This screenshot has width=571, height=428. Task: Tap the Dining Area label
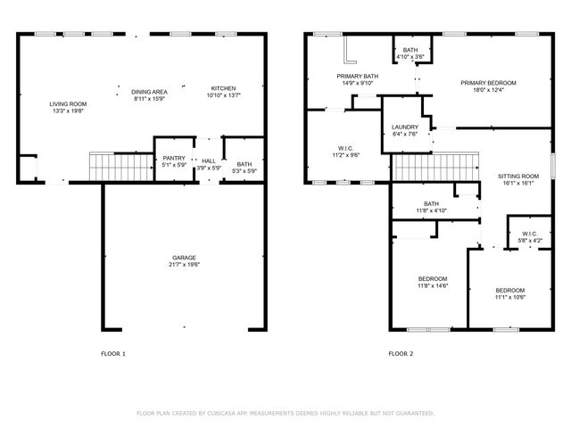click(x=150, y=92)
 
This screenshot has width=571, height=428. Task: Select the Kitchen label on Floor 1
click(x=223, y=88)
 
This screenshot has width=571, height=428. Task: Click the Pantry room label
click(x=173, y=159)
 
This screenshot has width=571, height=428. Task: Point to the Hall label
click(x=209, y=160)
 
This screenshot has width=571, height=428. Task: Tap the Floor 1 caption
click(x=112, y=354)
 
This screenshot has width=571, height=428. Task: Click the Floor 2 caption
click(x=401, y=354)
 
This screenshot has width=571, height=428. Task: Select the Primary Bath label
click(x=357, y=77)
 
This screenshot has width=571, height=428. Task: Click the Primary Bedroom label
click(x=488, y=83)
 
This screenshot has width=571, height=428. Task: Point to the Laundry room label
click(x=405, y=128)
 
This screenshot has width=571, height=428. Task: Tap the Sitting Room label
click(x=518, y=177)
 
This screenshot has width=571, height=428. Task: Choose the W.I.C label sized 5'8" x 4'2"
click(x=529, y=235)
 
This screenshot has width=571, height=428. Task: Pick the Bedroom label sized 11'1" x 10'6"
click(x=510, y=291)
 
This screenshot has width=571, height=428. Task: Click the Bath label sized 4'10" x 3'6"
click(x=410, y=50)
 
